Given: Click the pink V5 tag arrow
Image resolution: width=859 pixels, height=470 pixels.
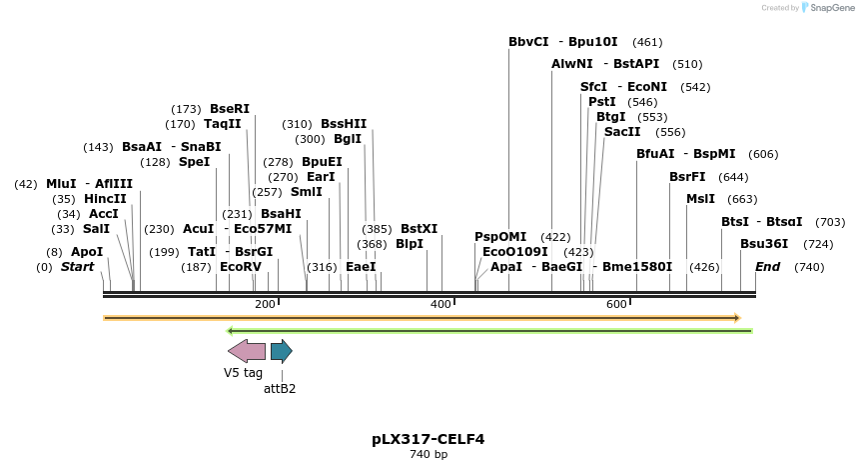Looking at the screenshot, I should tap(247, 351).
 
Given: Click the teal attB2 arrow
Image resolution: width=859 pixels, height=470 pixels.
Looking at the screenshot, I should tap(281, 351).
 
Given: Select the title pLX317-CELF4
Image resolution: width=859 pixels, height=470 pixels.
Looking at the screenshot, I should tap(429, 439).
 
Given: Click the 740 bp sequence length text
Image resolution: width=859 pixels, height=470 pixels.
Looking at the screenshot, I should tap(429, 455).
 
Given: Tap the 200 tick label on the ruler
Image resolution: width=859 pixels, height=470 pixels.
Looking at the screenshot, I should tap(265, 304).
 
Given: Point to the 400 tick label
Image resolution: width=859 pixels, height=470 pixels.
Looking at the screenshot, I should tap(440, 304).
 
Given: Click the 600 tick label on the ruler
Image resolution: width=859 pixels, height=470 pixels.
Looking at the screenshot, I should tap(616, 304).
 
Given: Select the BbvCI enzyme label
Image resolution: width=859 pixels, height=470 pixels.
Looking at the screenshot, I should tap(528, 42).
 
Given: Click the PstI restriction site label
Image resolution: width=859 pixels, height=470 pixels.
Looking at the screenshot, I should tap(602, 102).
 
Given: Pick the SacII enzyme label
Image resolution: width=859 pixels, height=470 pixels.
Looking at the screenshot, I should tap(622, 132).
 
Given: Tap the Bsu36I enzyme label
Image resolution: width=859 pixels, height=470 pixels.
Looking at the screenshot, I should tap(764, 244).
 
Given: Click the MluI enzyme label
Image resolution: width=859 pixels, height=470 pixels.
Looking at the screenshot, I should tap(61, 184).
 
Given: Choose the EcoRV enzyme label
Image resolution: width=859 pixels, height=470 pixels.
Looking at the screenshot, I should tap(241, 267).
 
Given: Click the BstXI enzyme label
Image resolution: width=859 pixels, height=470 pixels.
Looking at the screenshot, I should tap(419, 229).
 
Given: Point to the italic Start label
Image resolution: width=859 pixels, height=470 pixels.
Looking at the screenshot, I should tap(77, 267).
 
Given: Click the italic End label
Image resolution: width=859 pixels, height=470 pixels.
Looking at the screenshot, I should tap(767, 267).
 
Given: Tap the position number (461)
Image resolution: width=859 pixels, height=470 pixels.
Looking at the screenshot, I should tap(647, 42).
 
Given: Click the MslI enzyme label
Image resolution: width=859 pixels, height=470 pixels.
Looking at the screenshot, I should tap(700, 199).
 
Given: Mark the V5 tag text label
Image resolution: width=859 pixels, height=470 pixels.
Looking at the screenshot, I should tap(243, 373).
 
